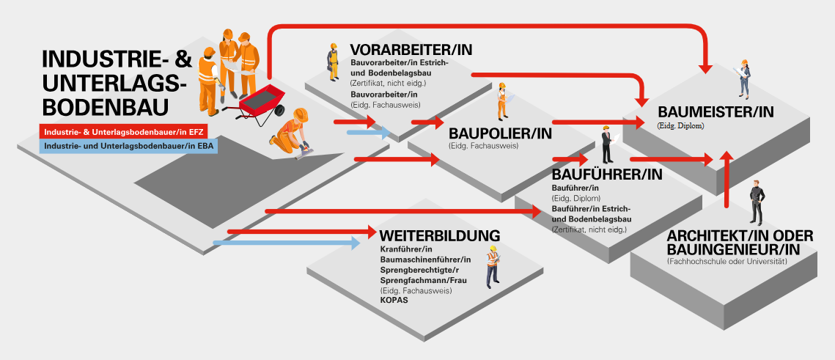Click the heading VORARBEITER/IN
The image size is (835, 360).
point(411,50)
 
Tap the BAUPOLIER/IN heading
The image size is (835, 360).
point(500,134)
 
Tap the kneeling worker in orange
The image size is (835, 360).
point(291,133)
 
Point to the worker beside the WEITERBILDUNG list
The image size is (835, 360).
point(492,268)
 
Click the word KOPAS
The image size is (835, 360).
point(394,300)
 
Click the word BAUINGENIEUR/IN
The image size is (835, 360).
point(733,250)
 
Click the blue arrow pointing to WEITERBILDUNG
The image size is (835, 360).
point(293,241)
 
